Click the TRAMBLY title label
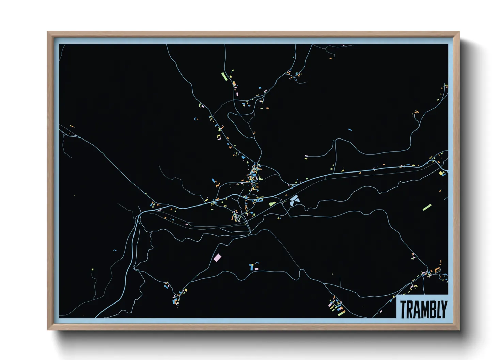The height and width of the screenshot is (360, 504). tap(423, 309)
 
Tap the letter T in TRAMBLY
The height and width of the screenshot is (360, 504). tap(403, 310)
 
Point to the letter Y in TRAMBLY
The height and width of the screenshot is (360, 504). tap(443, 310)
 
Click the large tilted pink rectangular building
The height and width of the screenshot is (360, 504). tap(217, 257)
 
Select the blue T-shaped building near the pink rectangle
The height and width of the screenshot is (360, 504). tap(252, 266)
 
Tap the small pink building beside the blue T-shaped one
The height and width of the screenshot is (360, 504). tap(256, 269)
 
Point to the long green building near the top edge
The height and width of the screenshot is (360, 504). tap(224, 76)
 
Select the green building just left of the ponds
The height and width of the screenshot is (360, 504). tap(272, 203)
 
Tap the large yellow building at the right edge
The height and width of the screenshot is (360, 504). tap(441, 174)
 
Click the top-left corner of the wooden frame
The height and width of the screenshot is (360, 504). tap(48, 32)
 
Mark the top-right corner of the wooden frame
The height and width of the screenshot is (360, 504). tap(459, 32)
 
